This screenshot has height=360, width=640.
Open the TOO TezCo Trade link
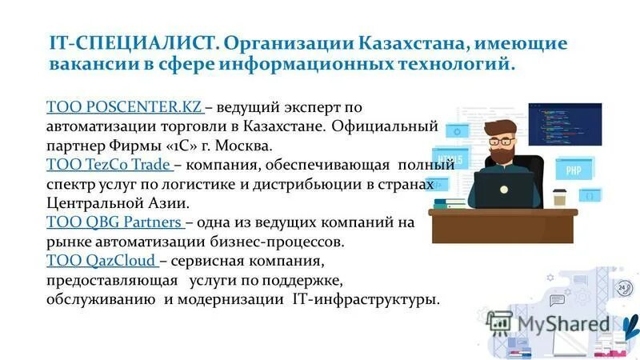[x=110, y=166]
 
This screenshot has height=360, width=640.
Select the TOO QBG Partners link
[x=115, y=222]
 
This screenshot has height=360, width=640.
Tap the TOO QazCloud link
[x=102, y=261]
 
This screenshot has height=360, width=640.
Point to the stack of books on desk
[x=452, y=204]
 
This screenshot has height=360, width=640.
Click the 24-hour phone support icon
[x=622, y=287]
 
